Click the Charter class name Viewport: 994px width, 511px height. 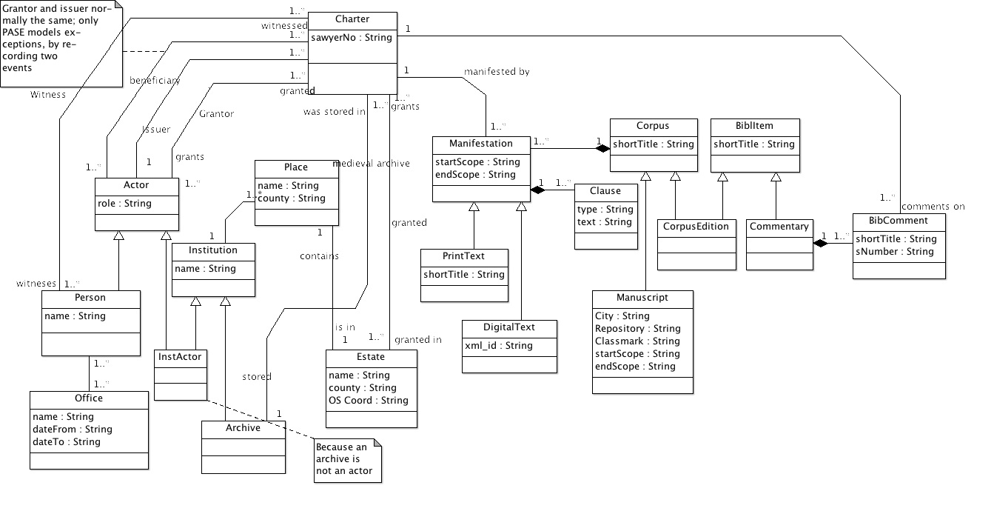pyautogui.click(x=352, y=19)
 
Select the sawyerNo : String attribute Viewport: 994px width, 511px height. pyautogui.click(x=352, y=38)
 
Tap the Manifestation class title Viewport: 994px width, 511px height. pyautogui.click(x=481, y=144)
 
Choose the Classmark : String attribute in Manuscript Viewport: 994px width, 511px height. pyautogui.click(x=637, y=341)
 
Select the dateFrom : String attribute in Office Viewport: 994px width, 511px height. pyautogui.click(x=73, y=430)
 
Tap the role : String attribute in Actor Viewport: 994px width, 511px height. pyautogui.click(x=124, y=204)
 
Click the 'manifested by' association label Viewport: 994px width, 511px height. pyautogui.click(x=496, y=72)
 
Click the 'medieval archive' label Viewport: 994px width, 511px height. pyautogui.click(x=371, y=164)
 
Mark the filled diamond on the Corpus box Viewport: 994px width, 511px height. pyautogui.click(x=603, y=149)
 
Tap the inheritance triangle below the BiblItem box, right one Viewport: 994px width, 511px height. pyautogui.click(x=776, y=177)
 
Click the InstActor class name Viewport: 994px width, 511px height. pyautogui.click(x=180, y=357)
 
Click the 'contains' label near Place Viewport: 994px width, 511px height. pyautogui.click(x=319, y=256)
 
